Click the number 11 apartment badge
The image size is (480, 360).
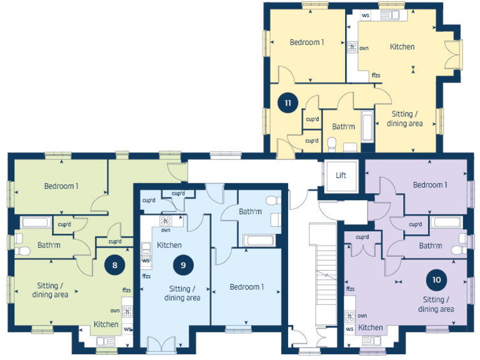click(287, 104)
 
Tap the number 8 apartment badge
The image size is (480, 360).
click(114, 264)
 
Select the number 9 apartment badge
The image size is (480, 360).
click(183, 264)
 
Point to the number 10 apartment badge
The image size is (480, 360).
click(436, 279)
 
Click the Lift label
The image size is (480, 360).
click(341, 176)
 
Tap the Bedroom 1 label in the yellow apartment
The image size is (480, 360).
click(307, 42)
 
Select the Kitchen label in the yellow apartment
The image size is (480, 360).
click(402, 47)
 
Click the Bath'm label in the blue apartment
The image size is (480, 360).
click(250, 212)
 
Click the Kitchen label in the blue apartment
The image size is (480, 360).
click(169, 245)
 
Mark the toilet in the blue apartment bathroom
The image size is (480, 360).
click(272, 201)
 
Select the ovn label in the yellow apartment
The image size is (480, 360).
click(364, 47)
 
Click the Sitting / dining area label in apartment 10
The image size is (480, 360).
click(436, 304)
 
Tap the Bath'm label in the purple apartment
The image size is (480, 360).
click(431, 246)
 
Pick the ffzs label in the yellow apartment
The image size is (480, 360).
click(376, 76)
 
